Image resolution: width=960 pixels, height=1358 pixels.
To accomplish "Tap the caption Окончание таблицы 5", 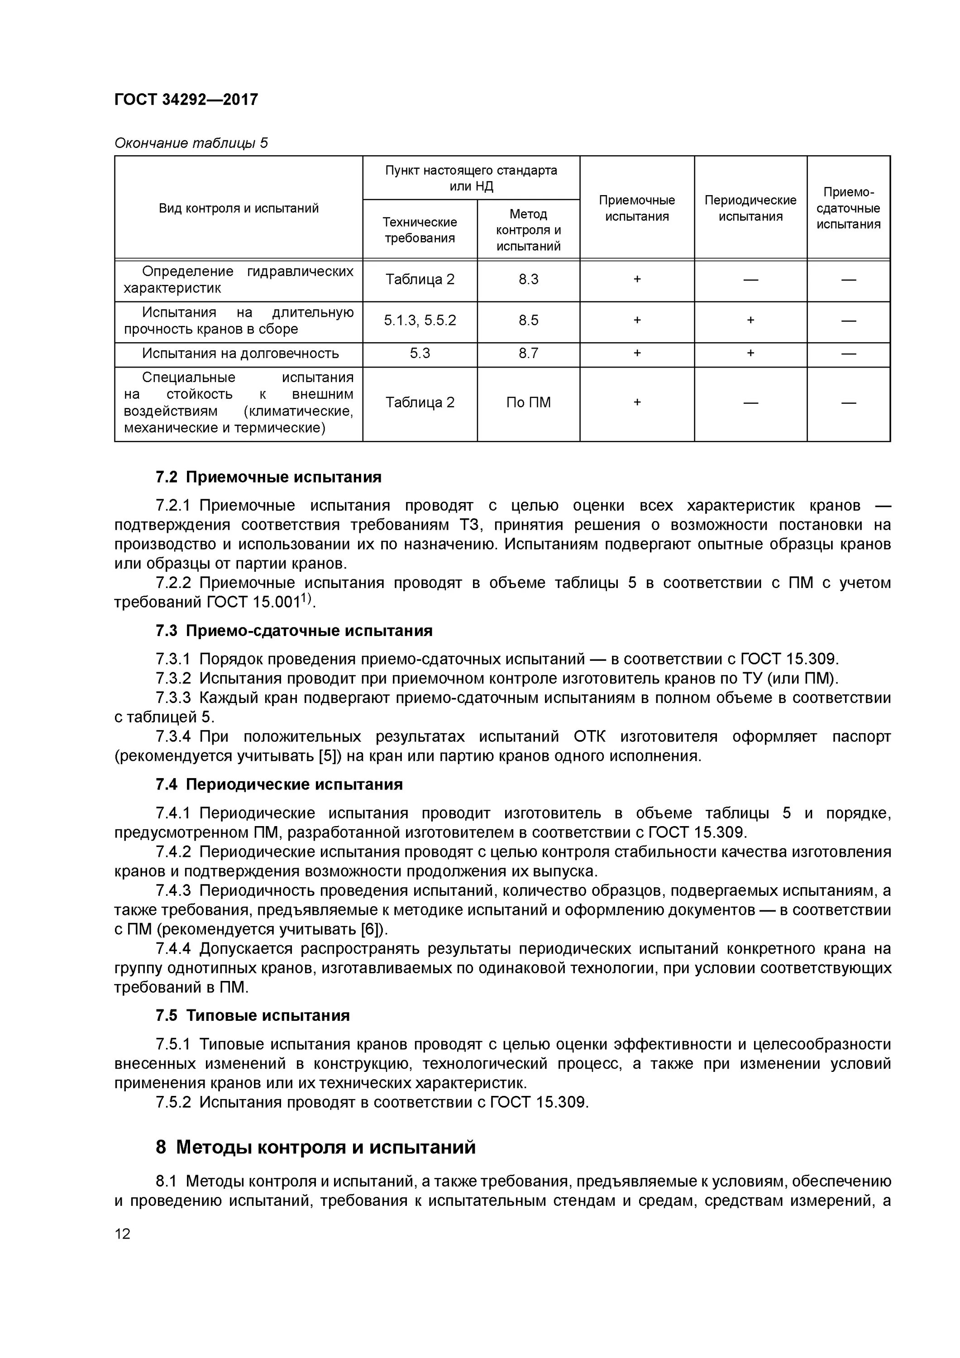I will point(191,143).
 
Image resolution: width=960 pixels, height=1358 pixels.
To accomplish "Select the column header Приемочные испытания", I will point(636,208).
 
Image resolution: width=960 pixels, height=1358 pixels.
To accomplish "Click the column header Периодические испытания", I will point(750,208).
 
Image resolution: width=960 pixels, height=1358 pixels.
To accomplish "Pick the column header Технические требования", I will point(420,230).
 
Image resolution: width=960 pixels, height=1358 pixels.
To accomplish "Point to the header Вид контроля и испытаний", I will point(239,208).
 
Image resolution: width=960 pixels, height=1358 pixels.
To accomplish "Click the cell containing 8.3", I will point(528,280).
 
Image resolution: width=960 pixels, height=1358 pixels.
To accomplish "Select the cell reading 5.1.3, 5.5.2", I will point(420,320).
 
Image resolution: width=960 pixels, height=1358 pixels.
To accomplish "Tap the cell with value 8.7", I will point(528,354).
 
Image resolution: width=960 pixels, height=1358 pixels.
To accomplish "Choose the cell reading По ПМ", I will point(528,403).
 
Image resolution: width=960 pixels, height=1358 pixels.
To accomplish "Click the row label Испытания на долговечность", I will point(240,354).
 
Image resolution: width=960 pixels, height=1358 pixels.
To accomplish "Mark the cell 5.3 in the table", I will point(420,354).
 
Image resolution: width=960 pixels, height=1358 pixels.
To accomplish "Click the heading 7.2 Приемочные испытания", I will point(268,477).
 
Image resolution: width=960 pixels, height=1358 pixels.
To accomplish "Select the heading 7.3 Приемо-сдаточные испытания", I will point(294,631).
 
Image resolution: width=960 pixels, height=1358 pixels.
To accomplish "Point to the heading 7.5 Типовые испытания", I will point(253,1015).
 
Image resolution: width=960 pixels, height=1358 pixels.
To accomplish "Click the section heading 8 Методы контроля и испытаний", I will point(315,1148).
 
